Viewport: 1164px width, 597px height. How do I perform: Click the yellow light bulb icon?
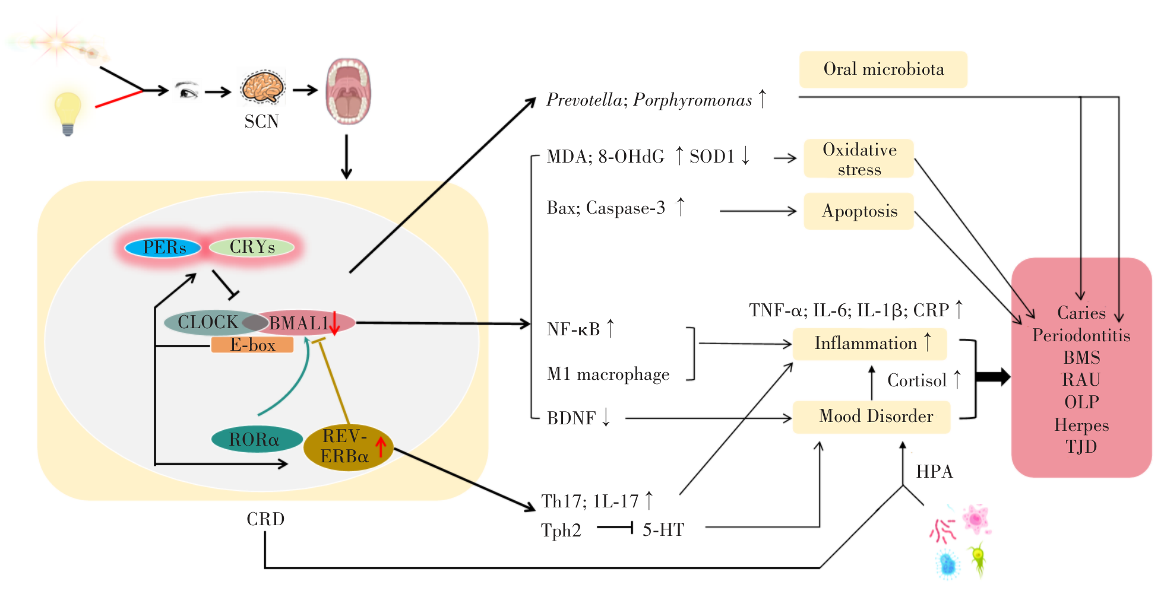point(67,113)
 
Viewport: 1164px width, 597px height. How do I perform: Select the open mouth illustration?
point(349,91)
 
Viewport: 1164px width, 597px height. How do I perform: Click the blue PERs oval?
point(163,247)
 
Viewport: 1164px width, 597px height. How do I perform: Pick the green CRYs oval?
point(252,247)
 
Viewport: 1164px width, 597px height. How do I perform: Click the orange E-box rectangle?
point(252,345)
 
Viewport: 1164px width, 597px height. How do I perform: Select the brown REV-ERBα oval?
point(347,447)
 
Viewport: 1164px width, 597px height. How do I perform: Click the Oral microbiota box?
point(883,69)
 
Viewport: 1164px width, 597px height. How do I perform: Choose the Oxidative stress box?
point(859,158)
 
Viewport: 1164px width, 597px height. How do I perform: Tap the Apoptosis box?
point(859,211)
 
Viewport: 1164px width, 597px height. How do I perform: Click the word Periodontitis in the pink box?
point(1081,336)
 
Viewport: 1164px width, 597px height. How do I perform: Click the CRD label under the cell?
point(265,519)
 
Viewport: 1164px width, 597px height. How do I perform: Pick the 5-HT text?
point(663,529)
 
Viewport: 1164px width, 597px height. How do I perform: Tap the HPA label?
point(934,472)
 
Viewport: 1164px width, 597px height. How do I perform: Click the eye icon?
point(188,91)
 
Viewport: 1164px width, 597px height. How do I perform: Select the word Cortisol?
point(916,380)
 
